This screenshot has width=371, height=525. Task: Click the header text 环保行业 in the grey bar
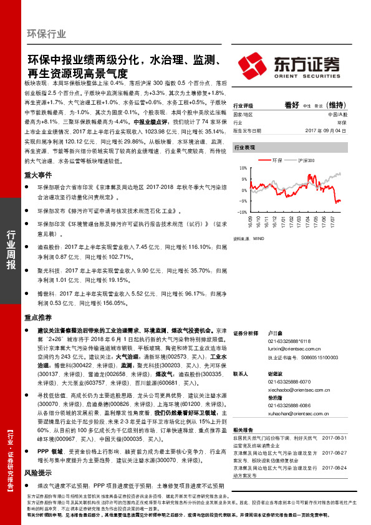[x=47, y=34]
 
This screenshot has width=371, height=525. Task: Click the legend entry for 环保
[x=277, y=160]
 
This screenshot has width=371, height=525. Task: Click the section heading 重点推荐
[x=37, y=317]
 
